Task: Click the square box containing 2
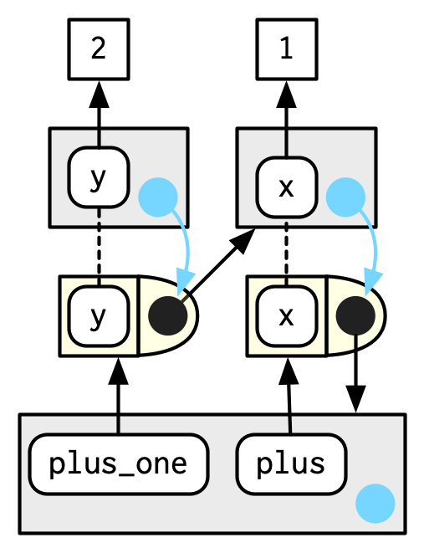(x=99, y=49)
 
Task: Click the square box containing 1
(x=287, y=49)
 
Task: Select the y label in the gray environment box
(x=99, y=177)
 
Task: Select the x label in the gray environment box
(x=287, y=187)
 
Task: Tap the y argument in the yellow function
(x=99, y=316)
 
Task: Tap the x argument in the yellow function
(x=287, y=316)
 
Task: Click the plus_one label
(x=119, y=464)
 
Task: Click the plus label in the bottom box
(x=291, y=464)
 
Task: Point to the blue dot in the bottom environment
(x=375, y=504)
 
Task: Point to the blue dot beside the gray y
(x=158, y=197)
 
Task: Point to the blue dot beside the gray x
(x=345, y=197)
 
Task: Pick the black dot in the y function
(x=168, y=315)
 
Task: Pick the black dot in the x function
(x=355, y=315)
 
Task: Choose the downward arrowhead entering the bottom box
(x=355, y=399)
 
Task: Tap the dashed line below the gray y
(x=99, y=247)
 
